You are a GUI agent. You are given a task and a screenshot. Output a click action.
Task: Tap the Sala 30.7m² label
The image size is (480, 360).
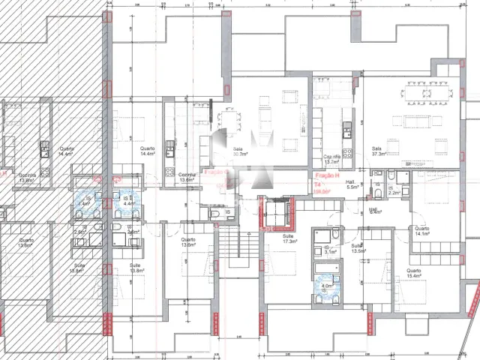[240, 151]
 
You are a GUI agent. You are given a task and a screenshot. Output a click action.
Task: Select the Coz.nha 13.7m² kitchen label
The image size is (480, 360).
[331, 160]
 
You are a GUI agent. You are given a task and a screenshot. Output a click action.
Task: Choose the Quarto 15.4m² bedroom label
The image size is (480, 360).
[414, 273]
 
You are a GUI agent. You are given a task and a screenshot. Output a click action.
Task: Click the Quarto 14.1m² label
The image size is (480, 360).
[421, 231]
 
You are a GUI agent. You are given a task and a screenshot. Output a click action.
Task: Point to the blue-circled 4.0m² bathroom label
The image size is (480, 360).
[327, 286]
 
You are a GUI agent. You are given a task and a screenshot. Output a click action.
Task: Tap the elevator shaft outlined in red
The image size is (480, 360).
[274, 212]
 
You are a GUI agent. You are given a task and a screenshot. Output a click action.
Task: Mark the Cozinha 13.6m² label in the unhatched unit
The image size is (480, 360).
[187, 177]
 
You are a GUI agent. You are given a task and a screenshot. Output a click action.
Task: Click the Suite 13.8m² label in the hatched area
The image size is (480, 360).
[75, 268]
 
